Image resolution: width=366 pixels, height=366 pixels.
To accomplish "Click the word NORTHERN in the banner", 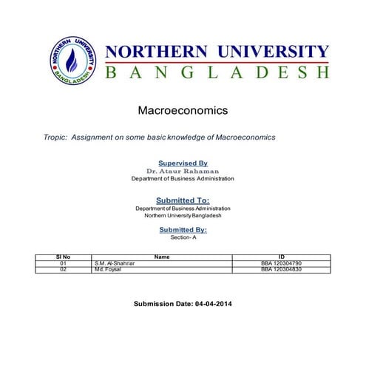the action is [x=155, y=52].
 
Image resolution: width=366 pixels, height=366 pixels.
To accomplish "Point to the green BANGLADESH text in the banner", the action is [x=217, y=72].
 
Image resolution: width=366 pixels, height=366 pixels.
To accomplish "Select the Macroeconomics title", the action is [x=183, y=111].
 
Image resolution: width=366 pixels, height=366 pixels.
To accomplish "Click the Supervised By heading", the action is [x=183, y=163].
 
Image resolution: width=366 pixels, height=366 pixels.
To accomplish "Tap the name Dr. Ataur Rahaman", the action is [x=183, y=171].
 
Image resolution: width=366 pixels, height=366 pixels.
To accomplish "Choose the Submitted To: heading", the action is [x=183, y=200].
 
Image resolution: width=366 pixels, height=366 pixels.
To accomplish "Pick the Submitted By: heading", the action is [x=183, y=230].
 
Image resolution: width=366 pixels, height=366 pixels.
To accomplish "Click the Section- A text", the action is [x=183, y=238].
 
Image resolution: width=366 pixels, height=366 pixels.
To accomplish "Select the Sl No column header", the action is [x=63, y=257].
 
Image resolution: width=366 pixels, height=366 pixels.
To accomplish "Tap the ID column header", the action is [x=281, y=257].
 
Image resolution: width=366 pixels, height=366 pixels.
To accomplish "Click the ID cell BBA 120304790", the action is [x=281, y=263].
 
